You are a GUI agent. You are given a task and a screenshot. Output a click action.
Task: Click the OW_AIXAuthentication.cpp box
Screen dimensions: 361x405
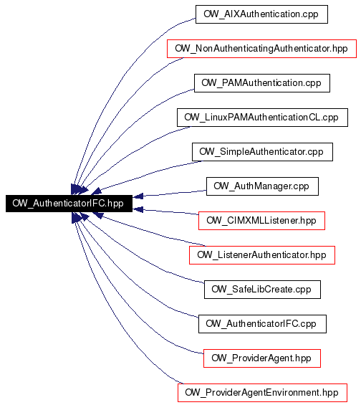(261, 14)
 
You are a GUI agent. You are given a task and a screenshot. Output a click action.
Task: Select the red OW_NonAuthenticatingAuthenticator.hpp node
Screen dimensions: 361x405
(261, 49)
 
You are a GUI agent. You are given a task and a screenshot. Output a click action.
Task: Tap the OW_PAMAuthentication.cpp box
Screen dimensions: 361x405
(262, 83)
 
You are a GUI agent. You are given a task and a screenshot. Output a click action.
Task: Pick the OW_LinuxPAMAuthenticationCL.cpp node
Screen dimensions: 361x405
(262, 118)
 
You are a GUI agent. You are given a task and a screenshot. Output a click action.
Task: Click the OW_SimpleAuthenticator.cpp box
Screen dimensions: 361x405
(262, 152)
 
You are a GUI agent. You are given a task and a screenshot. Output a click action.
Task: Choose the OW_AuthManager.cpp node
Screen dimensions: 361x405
(262, 186)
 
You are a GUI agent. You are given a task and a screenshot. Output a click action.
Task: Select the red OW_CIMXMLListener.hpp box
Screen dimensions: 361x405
(261, 221)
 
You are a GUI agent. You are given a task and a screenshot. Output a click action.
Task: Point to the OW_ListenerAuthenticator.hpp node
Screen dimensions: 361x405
(262, 255)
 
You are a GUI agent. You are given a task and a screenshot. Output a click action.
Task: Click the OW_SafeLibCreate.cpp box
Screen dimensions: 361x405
(262, 290)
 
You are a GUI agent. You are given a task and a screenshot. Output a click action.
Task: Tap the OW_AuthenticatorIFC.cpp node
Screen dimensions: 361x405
(262, 324)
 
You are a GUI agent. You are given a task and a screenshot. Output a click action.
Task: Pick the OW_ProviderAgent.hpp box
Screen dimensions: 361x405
(262, 358)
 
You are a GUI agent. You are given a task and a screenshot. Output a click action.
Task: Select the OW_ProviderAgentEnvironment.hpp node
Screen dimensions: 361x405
(262, 393)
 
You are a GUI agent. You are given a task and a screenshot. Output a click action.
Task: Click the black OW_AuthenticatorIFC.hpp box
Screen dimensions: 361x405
(69, 204)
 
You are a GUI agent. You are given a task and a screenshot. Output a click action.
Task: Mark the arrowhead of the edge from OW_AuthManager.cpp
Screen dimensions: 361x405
(138, 196)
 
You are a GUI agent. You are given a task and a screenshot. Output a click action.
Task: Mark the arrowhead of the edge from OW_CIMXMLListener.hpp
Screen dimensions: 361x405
(138, 209)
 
